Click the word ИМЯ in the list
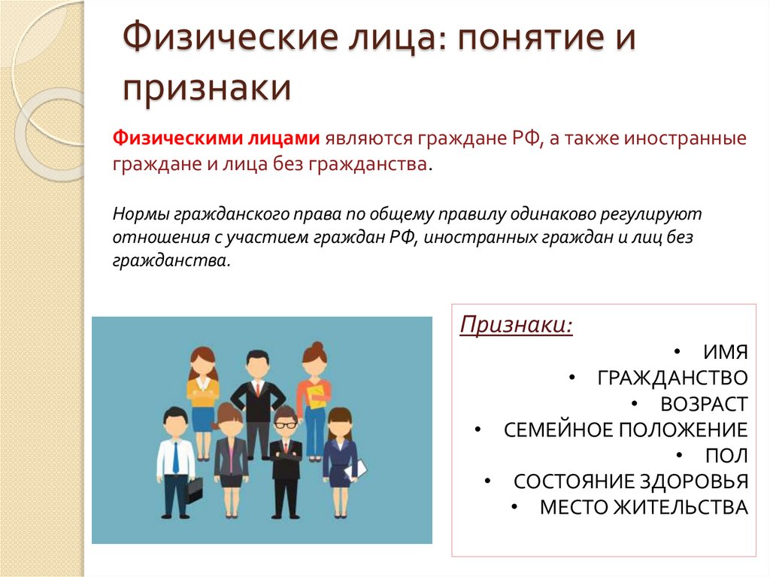(x=725, y=352)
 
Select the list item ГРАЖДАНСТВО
(x=672, y=378)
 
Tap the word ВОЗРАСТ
(x=704, y=403)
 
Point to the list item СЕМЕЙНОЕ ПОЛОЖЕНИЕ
(x=626, y=430)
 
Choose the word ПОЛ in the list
(x=726, y=455)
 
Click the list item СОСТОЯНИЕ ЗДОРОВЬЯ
(x=631, y=481)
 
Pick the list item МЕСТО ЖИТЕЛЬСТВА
(x=644, y=507)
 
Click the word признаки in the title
(x=207, y=87)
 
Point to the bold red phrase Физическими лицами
(x=217, y=139)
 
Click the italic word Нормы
(x=141, y=213)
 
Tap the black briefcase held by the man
(x=194, y=490)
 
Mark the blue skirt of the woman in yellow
(x=203, y=418)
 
